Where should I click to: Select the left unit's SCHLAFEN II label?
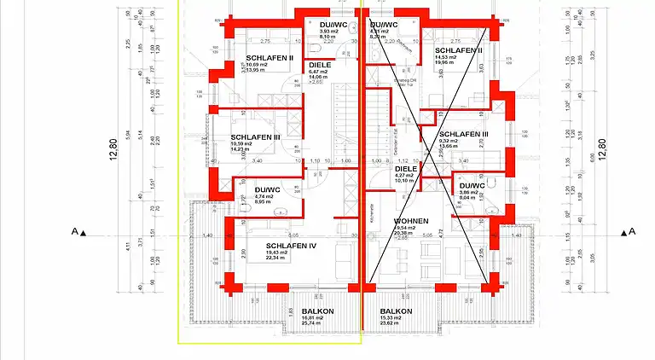coord(270,57)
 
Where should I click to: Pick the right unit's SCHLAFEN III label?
coord(463,134)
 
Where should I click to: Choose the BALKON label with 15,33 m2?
coord(396,311)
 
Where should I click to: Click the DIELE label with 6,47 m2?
coord(319,64)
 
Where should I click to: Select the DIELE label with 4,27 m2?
coord(405,169)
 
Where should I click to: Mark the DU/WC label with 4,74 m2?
coord(268,189)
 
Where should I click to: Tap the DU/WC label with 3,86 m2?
coord(472,185)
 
